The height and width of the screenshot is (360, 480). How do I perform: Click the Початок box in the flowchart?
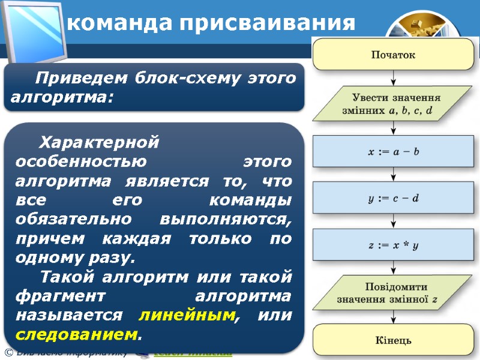click(393, 55)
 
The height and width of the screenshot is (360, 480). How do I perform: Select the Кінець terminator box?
click(393, 341)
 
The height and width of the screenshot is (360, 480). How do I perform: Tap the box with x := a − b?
click(393, 151)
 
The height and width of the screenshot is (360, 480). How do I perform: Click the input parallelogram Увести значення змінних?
click(393, 103)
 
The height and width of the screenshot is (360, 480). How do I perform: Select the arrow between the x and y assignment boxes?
click(393, 175)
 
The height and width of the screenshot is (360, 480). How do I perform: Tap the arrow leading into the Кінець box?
click(393, 317)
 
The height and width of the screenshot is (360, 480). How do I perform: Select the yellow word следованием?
click(76, 334)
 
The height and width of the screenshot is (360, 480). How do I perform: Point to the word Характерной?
click(99, 143)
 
